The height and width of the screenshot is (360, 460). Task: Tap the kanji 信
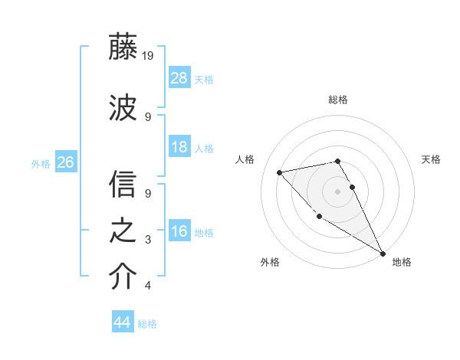coord(123,184)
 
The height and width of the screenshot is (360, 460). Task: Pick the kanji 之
coord(123,231)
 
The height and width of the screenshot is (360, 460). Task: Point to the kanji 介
coord(123,277)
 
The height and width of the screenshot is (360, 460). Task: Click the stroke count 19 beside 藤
coord(149,55)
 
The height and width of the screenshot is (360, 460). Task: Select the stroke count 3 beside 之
coord(148,240)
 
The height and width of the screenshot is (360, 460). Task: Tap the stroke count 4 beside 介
coord(148,286)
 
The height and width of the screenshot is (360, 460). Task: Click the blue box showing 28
coord(179,77)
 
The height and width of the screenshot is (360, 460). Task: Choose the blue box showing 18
coord(179,147)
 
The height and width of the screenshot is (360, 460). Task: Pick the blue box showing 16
coord(179,231)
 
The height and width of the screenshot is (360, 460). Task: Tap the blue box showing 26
coord(65,162)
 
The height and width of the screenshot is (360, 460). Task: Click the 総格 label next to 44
coord(147,324)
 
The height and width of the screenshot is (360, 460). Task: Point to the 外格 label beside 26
coord(41,163)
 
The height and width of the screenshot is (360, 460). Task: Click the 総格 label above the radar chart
coord(337,100)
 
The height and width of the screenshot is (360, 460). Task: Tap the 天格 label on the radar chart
coord(431,159)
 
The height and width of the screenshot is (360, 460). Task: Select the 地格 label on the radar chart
coord(402,262)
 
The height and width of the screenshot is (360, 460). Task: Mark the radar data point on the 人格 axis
coord(280,172)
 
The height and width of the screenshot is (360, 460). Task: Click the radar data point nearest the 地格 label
coord(383,254)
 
